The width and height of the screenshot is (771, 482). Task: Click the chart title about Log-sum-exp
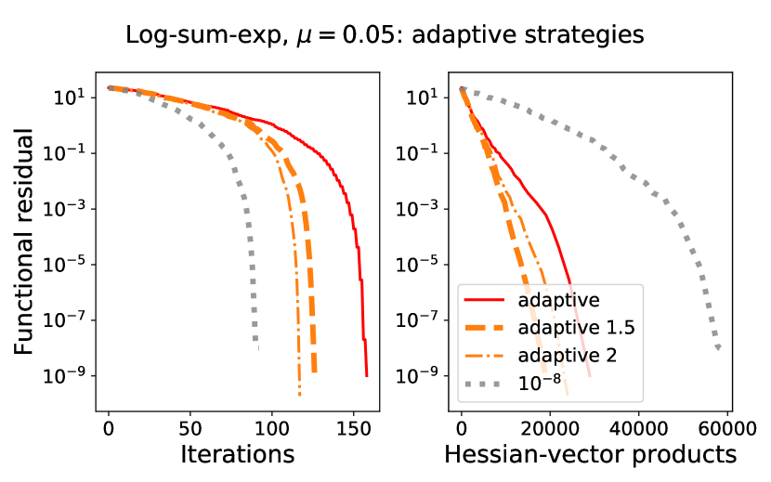(385, 35)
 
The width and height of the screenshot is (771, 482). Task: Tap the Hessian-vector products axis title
(590, 454)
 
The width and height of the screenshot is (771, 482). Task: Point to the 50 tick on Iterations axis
(190, 429)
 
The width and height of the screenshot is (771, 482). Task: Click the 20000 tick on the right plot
(550, 429)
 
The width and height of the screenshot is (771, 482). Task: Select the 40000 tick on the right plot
(638, 429)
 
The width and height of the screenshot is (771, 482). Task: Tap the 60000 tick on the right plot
(726, 429)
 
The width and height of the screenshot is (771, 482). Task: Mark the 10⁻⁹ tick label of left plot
(73, 375)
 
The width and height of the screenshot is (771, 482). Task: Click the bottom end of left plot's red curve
(367, 375)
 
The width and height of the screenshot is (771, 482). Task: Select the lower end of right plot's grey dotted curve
(718, 347)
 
